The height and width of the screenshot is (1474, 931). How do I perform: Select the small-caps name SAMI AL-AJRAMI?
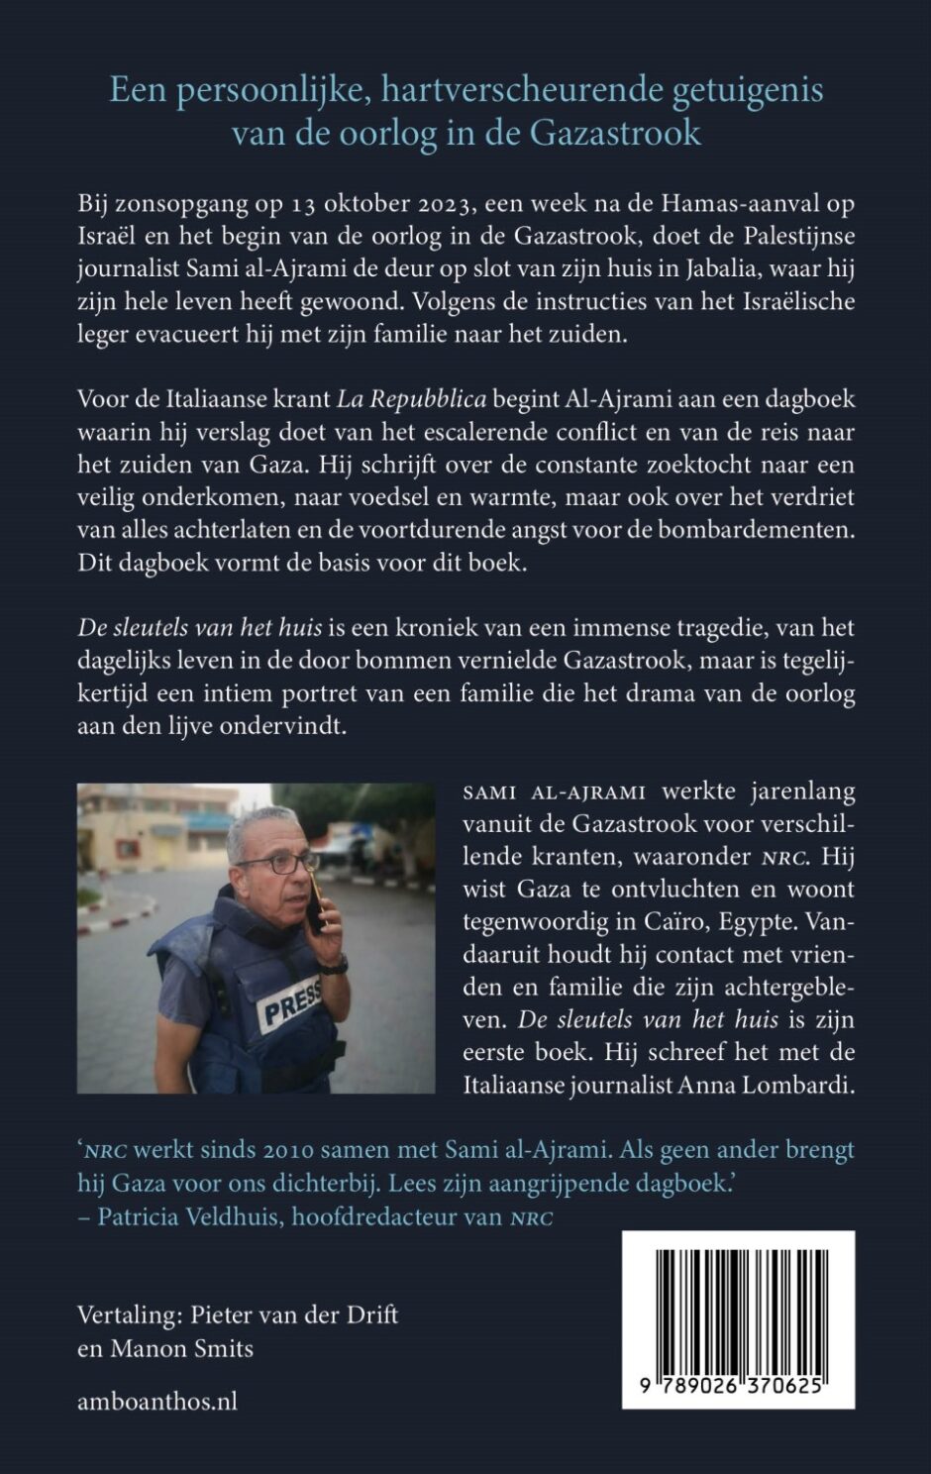click(554, 792)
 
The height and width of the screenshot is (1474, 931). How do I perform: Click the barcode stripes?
click(738, 1307)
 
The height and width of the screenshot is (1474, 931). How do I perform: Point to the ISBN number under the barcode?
click(738, 1387)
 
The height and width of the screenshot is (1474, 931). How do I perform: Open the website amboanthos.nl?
click(157, 1401)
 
